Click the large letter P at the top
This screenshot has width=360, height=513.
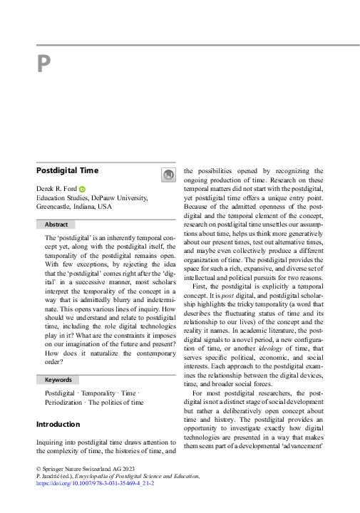[44, 65]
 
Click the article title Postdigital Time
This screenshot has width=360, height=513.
[67, 171]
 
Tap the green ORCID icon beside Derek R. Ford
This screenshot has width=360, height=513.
[82, 188]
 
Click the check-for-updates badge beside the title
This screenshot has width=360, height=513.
[168, 175]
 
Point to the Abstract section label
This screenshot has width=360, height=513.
[56, 224]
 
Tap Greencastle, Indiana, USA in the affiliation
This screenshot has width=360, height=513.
[74, 207]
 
